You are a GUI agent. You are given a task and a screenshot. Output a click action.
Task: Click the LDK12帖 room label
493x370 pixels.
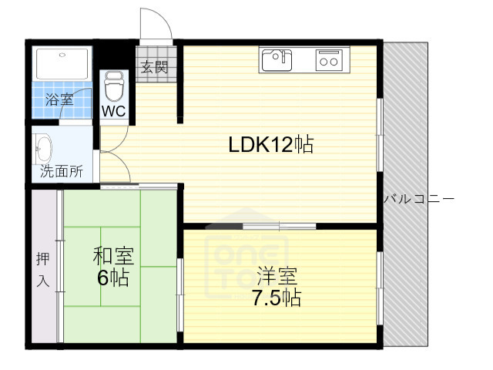(270, 144)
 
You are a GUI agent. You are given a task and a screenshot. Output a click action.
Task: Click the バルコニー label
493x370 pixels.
(419, 199)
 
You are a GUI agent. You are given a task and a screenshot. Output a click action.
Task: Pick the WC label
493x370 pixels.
(114, 110)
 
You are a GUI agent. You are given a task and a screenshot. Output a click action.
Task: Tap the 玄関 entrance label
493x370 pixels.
(152, 67)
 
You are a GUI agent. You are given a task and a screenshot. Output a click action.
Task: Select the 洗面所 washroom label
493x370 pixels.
(61, 171)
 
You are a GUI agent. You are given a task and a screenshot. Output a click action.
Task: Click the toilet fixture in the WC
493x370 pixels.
(114, 86)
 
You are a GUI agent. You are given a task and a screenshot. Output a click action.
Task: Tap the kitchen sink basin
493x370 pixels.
(276, 59)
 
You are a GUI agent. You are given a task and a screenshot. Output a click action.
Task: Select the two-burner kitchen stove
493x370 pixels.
(330, 59)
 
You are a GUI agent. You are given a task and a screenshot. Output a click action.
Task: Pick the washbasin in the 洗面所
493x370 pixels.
(43, 148)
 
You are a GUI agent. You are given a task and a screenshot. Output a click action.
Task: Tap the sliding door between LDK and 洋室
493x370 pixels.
(279, 226)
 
